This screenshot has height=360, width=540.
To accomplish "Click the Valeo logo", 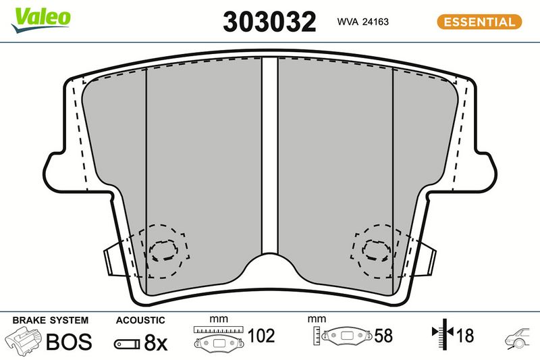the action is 40,20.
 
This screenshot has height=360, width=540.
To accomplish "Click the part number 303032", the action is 269,22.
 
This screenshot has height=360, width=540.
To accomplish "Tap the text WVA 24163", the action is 362,22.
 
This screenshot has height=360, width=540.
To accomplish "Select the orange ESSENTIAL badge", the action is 479,22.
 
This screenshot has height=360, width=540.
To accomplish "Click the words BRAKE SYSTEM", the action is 50,320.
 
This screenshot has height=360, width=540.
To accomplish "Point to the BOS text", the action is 69,341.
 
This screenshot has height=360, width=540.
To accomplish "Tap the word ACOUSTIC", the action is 140,320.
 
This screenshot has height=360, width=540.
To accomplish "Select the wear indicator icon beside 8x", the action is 127,344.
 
